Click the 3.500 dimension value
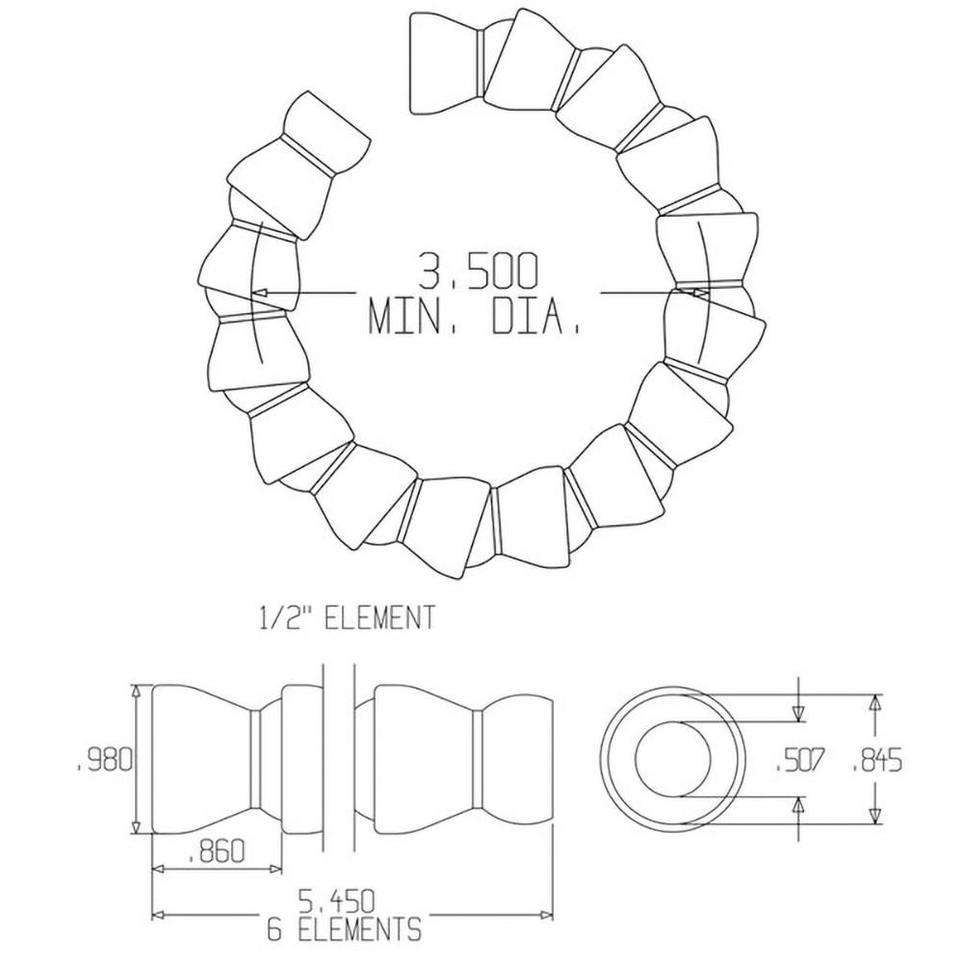[477, 273]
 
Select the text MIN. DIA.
[475, 318]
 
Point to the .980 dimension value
[102, 760]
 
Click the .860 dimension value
[216, 850]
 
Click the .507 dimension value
[799, 761]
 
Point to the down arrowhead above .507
[798, 714]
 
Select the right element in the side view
[453, 759]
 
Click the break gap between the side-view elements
[337, 759]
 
